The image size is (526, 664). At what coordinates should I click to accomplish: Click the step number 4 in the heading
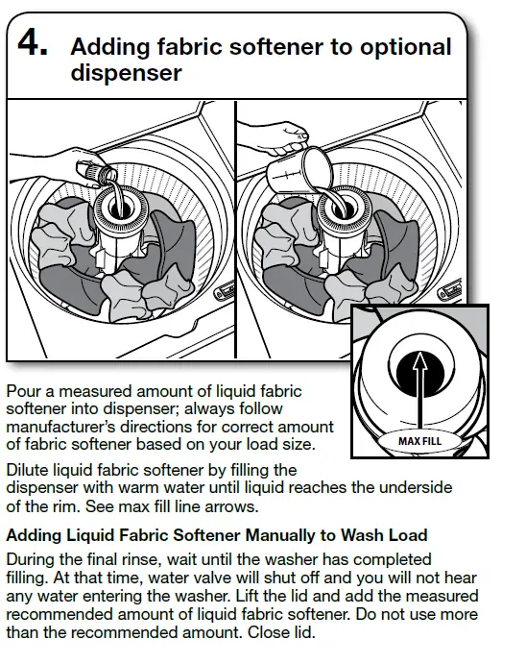click(31, 44)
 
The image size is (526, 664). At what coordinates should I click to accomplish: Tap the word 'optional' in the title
click(404, 46)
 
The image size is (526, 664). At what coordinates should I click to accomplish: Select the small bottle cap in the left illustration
click(94, 174)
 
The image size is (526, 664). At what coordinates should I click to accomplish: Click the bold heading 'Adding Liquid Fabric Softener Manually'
click(217, 534)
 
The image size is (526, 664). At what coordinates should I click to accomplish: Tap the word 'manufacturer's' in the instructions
click(60, 426)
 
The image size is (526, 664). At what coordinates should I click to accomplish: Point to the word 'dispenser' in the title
click(126, 73)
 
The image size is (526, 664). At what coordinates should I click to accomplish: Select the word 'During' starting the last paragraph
click(33, 558)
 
